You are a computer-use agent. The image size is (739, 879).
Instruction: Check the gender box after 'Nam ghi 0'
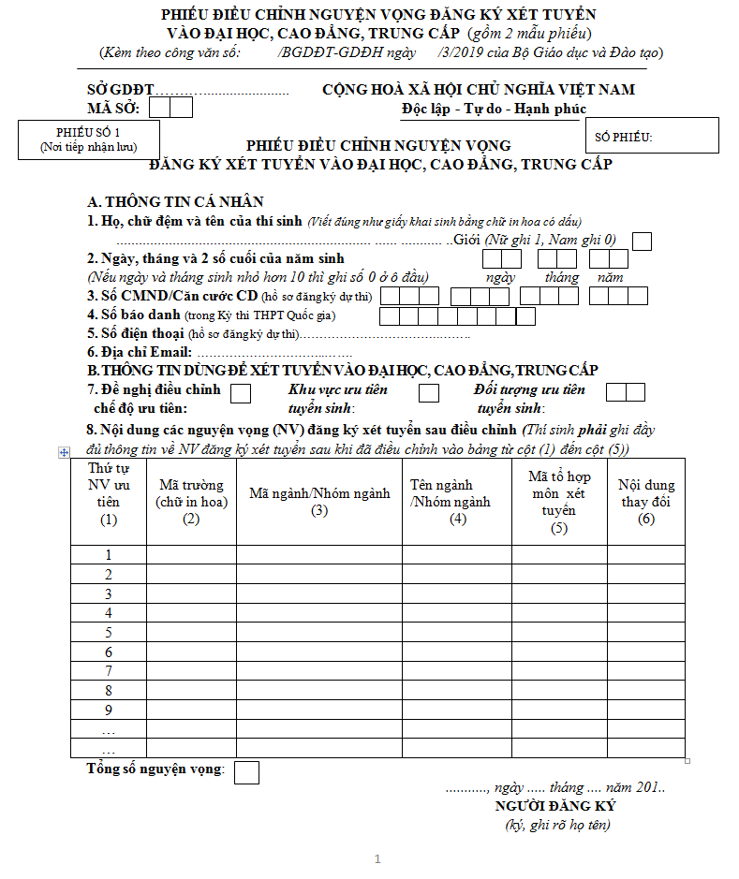(x=643, y=241)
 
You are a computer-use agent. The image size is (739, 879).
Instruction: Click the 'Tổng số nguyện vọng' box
(x=247, y=772)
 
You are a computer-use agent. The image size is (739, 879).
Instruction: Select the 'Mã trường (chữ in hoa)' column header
(x=191, y=500)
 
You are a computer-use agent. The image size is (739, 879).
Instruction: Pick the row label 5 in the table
(x=109, y=632)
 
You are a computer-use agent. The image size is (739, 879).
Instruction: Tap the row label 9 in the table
(x=109, y=710)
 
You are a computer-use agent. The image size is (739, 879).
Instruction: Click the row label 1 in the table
(x=109, y=554)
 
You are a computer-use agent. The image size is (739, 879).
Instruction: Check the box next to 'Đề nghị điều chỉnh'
(x=241, y=393)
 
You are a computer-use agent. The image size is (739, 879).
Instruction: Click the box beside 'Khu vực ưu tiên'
(x=429, y=393)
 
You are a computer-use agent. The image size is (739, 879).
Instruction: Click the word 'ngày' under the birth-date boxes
(x=500, y=277)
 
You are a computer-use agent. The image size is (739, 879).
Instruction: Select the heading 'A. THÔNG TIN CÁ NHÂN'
(x=175, y=202)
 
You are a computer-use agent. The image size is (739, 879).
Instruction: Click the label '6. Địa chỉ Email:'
(x=140, y=352)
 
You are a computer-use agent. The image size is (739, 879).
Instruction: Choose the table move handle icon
(x=64, y=452)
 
